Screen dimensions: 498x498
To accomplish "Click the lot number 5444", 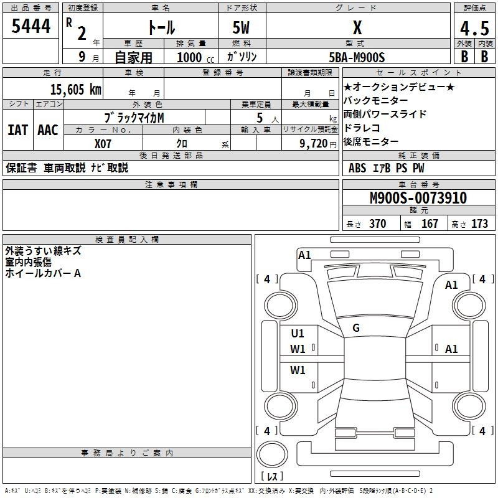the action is click(31, 26).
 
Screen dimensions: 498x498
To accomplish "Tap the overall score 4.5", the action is click(474, 28).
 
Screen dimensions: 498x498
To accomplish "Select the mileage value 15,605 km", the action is click(75, 90).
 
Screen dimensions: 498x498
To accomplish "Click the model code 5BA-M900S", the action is click(357, 57).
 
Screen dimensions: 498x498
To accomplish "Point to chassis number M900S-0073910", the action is click(418, 198).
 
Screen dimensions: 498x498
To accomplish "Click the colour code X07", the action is click(103, 144).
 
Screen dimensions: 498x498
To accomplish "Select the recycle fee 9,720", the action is click(313, 144).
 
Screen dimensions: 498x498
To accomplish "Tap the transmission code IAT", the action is click(17, 130).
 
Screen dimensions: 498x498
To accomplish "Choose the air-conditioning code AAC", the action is click(48, 130).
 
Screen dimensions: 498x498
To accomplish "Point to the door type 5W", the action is click(241, 28).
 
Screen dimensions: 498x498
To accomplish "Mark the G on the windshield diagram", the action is click(356, 328).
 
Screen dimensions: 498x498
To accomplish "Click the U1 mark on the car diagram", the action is click(298, 334).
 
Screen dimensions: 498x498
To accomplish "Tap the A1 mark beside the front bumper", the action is click(304, 255).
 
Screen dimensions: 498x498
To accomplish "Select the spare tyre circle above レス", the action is click(272, 454).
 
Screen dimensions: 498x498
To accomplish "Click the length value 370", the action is click(378, 223).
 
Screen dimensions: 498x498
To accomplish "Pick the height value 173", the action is click(479, 223).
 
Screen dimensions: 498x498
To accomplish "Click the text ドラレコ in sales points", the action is click(362, 128).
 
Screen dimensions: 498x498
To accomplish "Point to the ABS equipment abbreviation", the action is click(357, 168).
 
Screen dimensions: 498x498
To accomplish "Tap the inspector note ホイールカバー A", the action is click(43, 273).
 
